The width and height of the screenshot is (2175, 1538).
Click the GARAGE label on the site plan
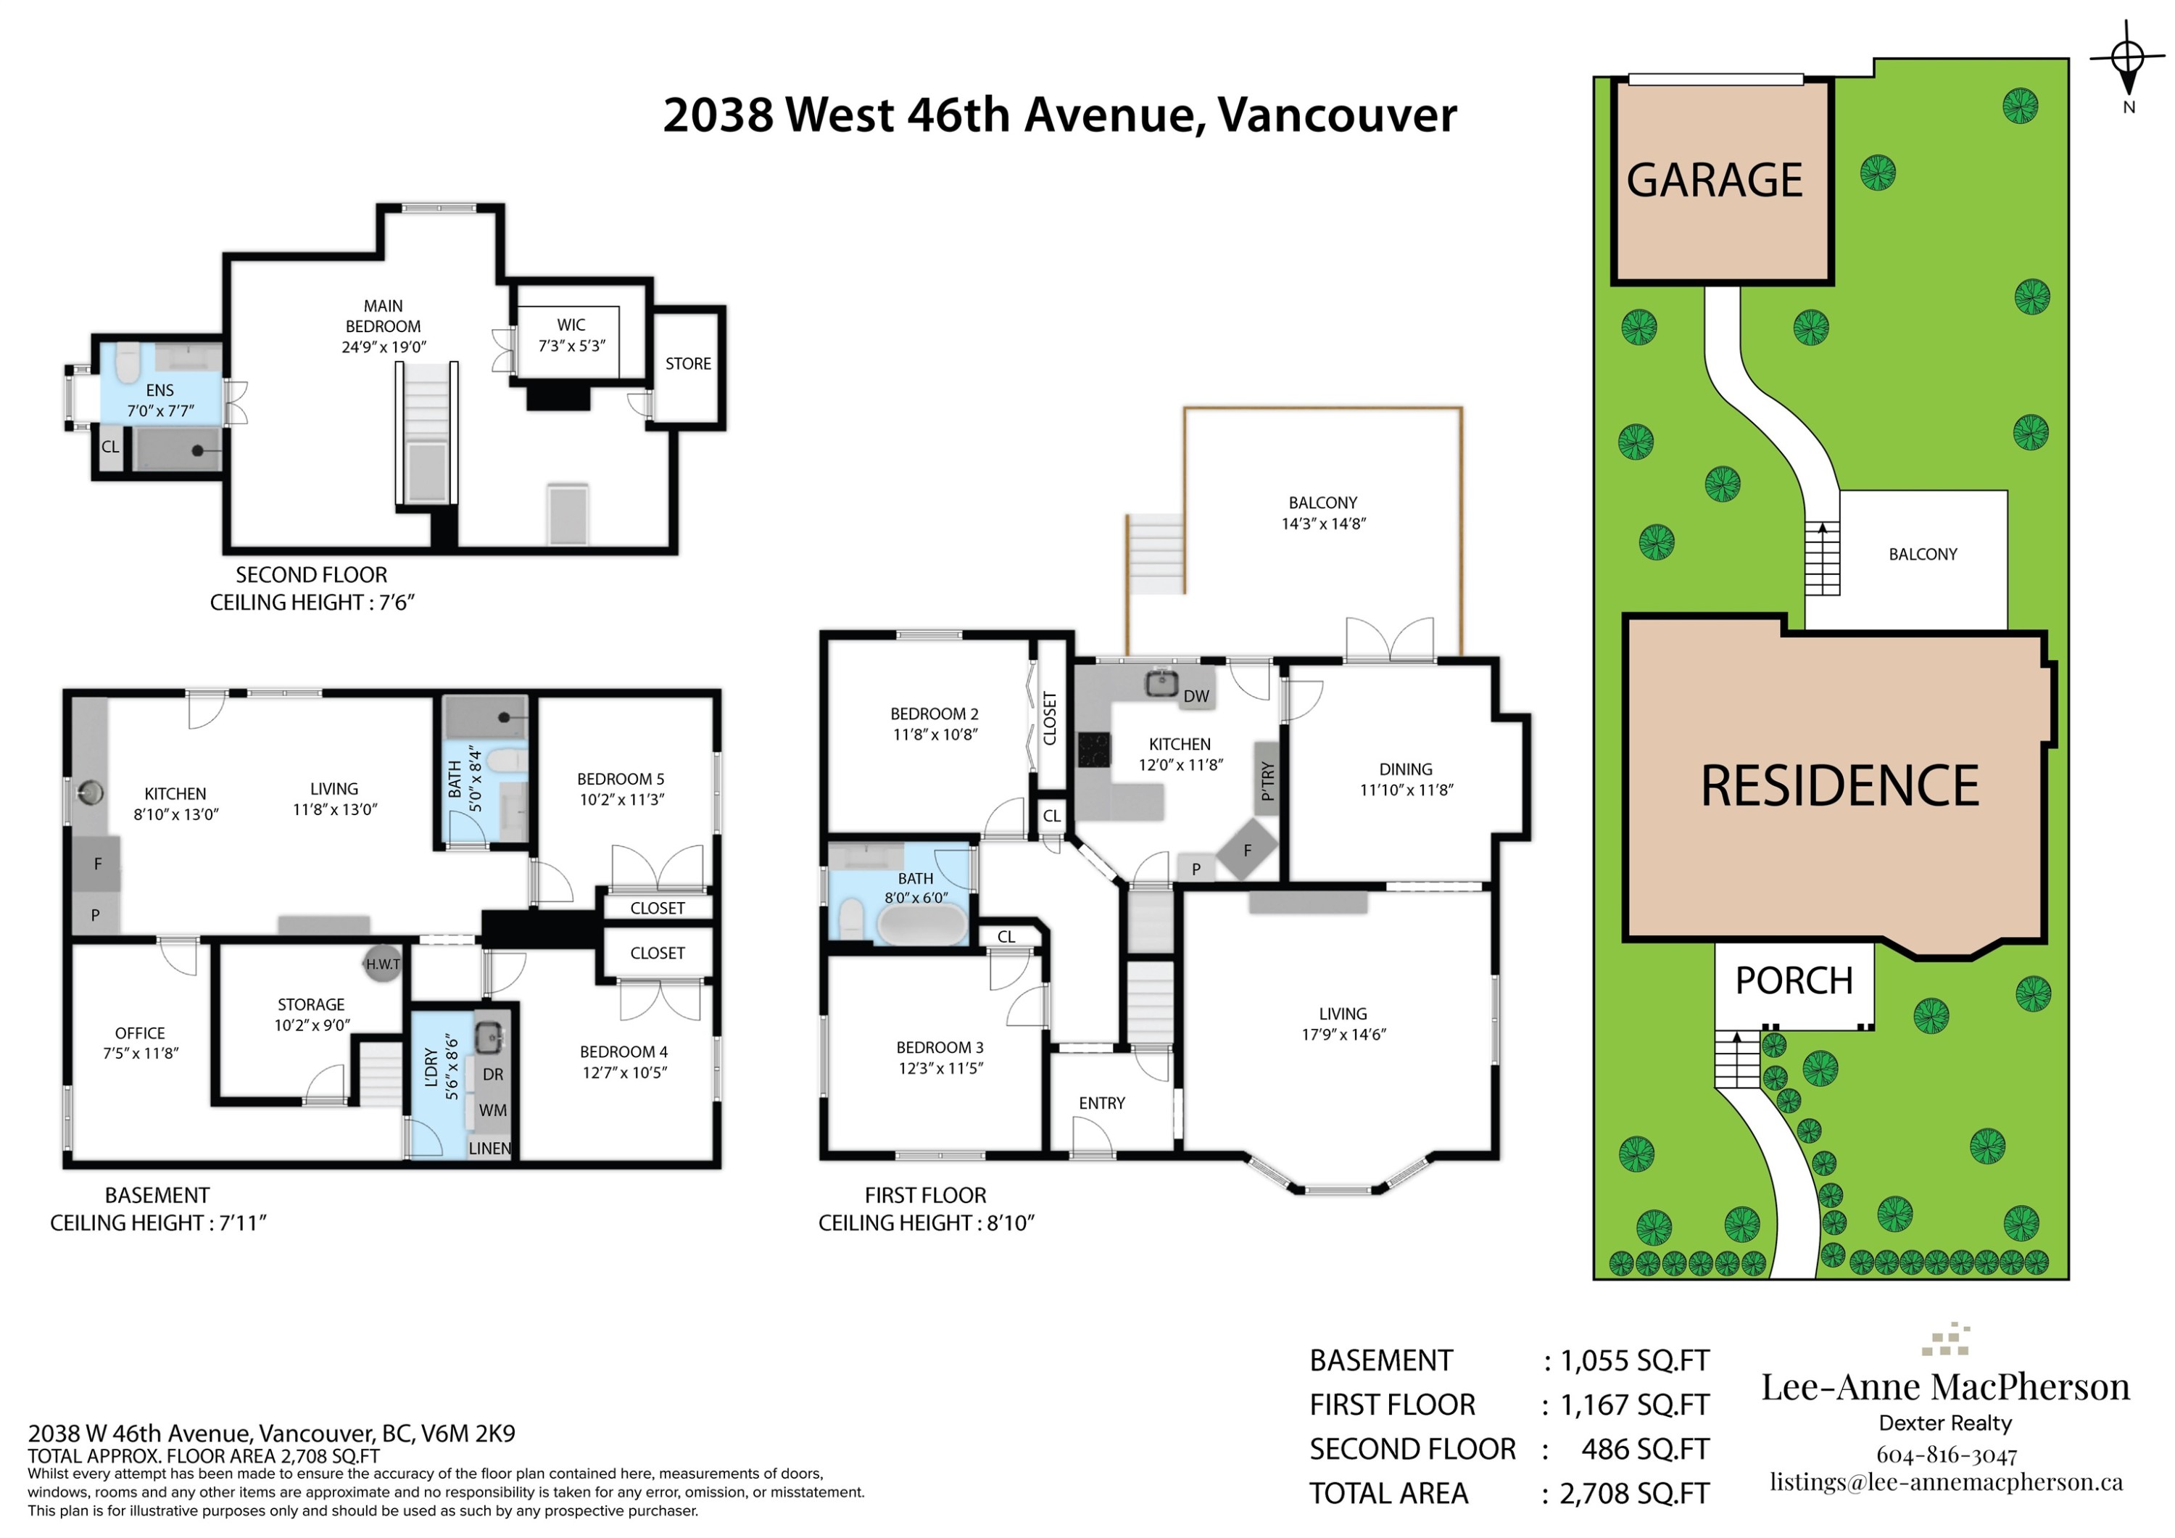point(1715,180)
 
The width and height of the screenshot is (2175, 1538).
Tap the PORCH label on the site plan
point(1793,981)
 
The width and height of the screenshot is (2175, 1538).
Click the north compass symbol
point(2128,59)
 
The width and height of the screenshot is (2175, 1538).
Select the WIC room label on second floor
point(571,325)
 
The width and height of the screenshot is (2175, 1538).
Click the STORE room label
point(688,364)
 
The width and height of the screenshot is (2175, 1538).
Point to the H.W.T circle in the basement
point(383,964)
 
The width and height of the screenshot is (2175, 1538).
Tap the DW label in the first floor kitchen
point(1196,697)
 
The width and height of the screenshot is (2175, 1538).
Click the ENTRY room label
point(1102,1103)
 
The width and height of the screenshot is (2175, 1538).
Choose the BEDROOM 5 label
point(621,779)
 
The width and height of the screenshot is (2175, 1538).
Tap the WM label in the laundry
point(492,1111)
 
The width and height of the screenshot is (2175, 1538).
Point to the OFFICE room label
point(140,1033)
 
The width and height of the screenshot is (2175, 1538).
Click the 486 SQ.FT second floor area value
point(1644,1449)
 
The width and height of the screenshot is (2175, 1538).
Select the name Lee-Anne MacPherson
point(1944,1387)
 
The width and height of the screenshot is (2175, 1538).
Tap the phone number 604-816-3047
point(1946,1455)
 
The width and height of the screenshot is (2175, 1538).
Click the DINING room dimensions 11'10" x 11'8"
point(1406,790)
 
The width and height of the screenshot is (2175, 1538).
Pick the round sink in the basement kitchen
point(91,791)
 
